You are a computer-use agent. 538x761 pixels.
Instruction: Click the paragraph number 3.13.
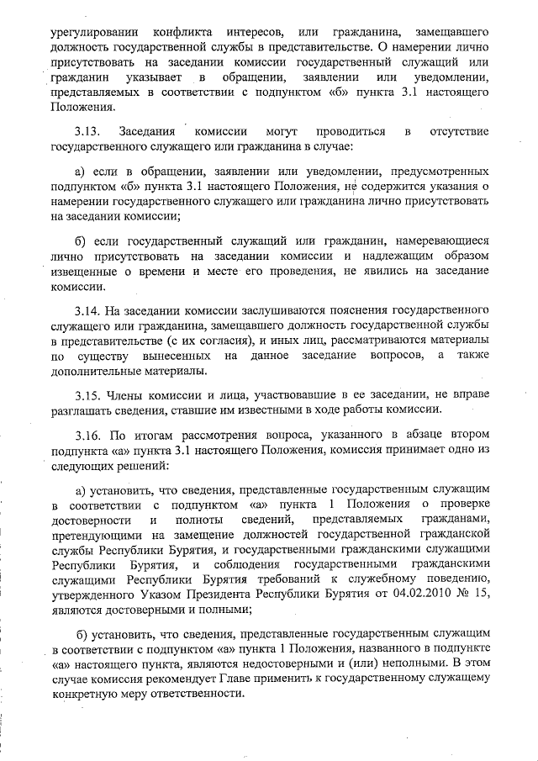(87, 133)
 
